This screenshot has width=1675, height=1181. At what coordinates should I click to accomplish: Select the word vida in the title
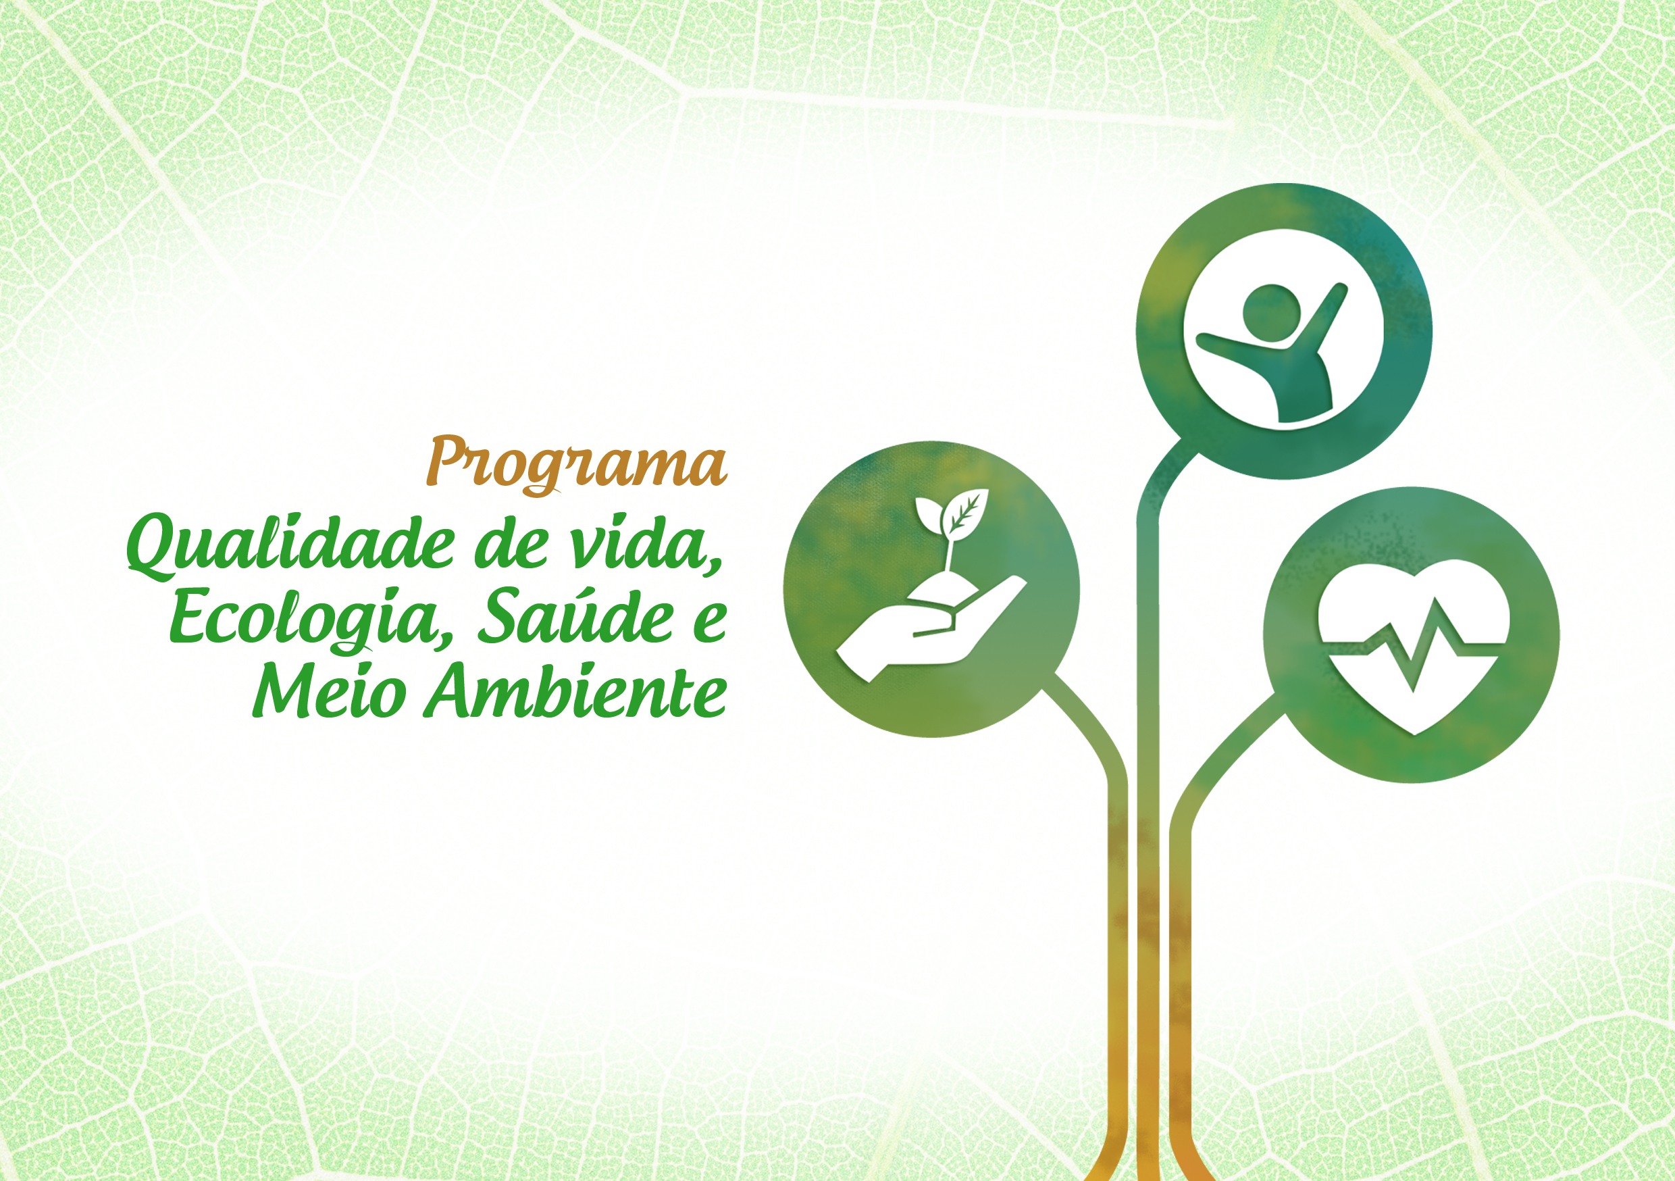636,543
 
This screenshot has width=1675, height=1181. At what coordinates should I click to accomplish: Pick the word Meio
329,689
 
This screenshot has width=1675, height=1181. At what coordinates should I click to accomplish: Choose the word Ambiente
577,689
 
